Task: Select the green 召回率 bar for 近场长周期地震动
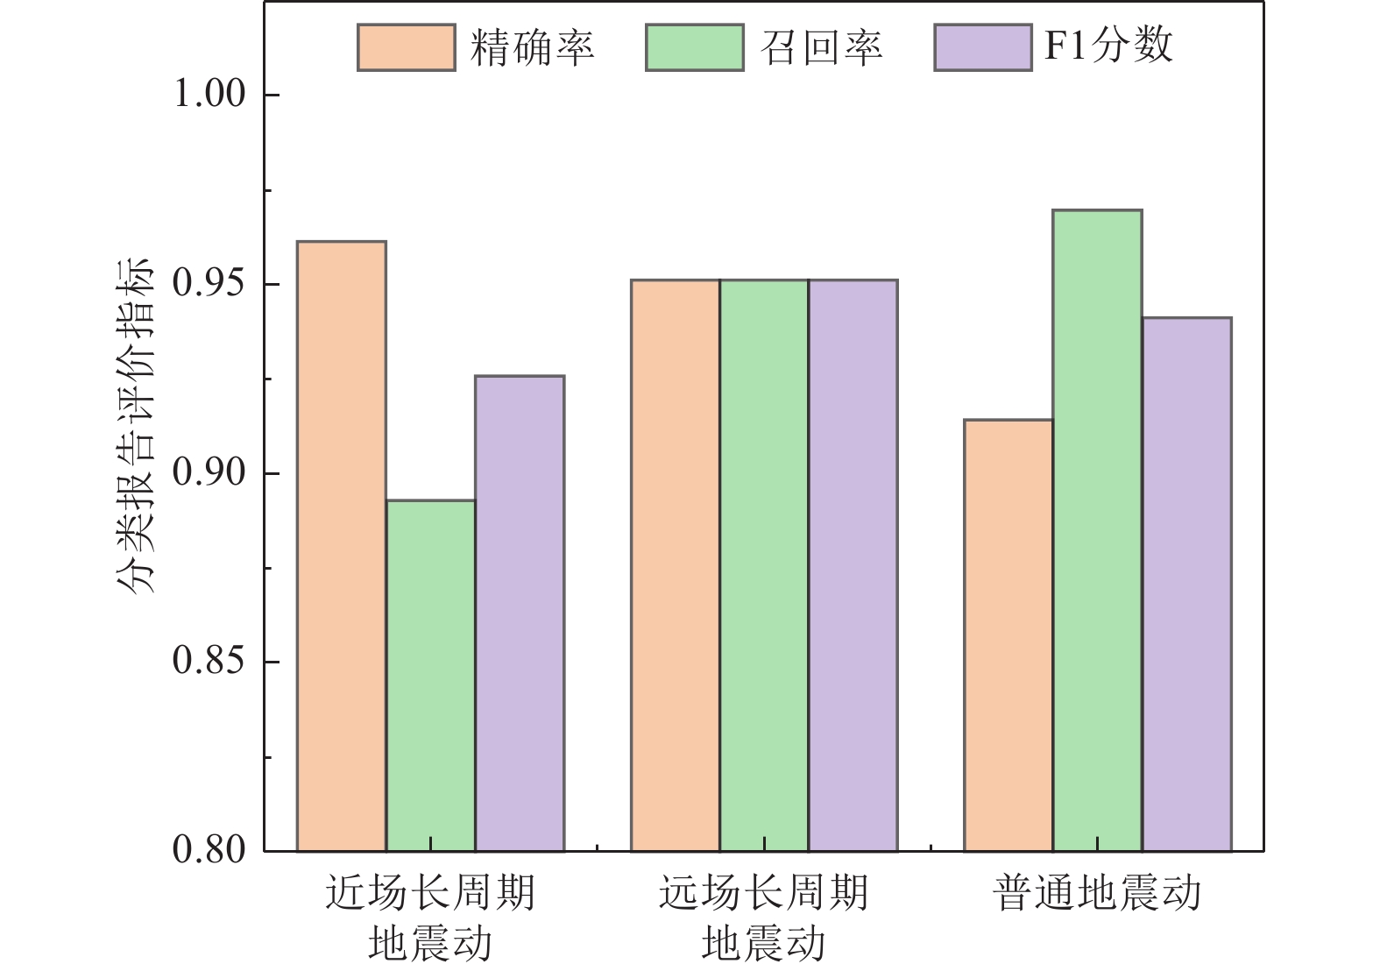(x=431, y=676)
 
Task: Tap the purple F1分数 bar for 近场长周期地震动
(x=520, y=613)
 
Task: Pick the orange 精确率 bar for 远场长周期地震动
(x=676, y=565)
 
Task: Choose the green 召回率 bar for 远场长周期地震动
(x=764, y=565)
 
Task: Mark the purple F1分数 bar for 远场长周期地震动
(x=853, y=565)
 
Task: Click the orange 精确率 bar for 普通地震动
(x=1008, y=635)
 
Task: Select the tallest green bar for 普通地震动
(x=1098, y=530)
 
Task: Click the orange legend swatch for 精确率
(x=407, y=47)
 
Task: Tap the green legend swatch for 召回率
(x=695, y=47)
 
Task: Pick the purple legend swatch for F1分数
(x=983, y=47)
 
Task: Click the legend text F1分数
(x=1108, y=46)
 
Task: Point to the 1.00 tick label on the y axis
(x=210, y=94)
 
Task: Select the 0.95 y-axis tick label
(x=210, y=283)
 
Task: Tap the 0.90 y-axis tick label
(x=210, y=472)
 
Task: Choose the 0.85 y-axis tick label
(x=210, y=661)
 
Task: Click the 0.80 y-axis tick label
(x=210, y=850)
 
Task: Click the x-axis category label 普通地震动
(x=1097, y=894)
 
